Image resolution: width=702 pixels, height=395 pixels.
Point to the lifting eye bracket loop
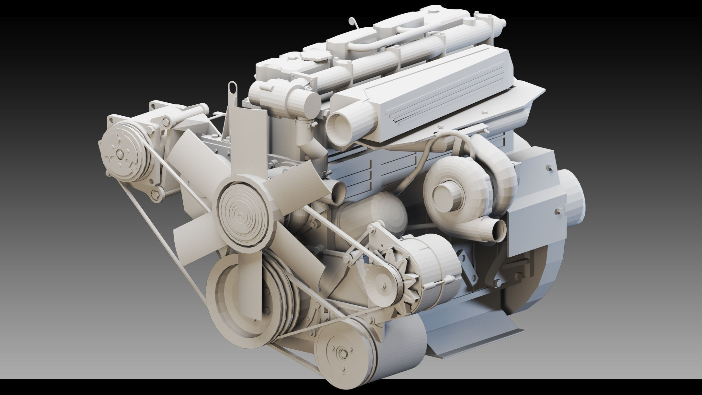[232, 88]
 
